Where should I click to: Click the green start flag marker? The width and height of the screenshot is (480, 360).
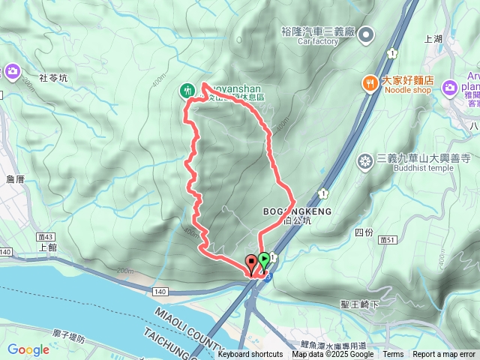point(264,261)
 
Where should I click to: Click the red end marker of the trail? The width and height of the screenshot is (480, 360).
point(250,263)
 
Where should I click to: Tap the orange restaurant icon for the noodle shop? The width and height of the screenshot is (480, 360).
point(370,84)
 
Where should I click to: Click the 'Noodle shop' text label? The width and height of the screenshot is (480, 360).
point(408,91)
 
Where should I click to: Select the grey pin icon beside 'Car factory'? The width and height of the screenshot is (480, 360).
point(366,34)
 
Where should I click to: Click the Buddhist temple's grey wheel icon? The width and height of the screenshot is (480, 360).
point(365,160)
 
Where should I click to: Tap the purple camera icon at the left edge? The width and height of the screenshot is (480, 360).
point(12,71)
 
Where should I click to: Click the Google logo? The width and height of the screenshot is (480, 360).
point(28,349)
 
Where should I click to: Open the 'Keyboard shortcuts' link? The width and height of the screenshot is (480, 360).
point(250,355)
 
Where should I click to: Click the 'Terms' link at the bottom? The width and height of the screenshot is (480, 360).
point(393,355)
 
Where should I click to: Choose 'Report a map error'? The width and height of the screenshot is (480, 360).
point(444,355)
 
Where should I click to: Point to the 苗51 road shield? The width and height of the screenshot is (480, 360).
point(388,240)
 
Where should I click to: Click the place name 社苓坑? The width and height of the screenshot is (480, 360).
point(53,77)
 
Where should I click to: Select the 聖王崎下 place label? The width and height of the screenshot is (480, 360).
point(359,304)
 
